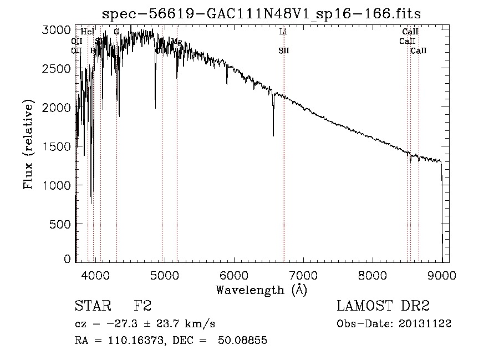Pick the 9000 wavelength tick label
click(442, 274)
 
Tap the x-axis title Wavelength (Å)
click(261, 290)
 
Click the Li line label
click(283, 32)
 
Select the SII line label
click(284, 50)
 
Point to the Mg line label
click(177, 42)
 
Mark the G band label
click(116, 32)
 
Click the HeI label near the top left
click(88, 32)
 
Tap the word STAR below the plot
click(91, 307)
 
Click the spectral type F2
click(142, 307)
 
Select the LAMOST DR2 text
click(383, 307)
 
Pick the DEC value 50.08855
click(243, 341)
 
